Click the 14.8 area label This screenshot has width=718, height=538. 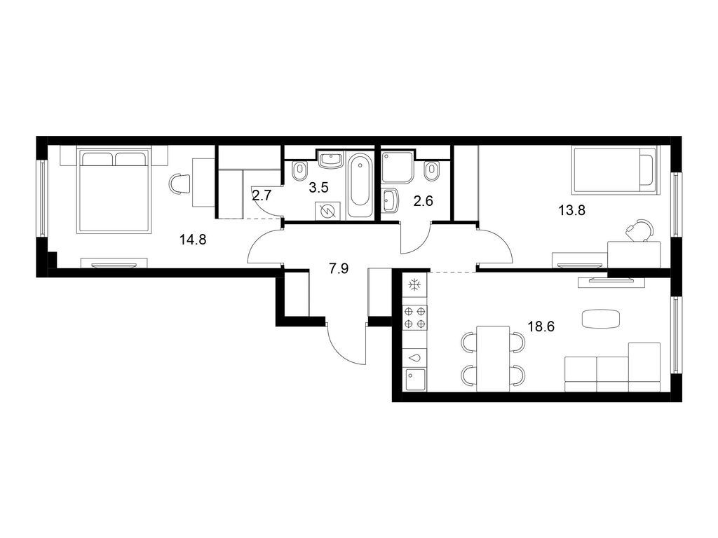[x=192, y=240]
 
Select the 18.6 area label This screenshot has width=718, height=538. [x=541, y=326]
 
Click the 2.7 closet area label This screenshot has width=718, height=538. [x=262, y=197]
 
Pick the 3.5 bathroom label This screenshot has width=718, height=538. [x=319, y=187]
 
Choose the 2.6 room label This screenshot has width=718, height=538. [x=423, y=201]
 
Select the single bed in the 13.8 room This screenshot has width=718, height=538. [x=615, y=170]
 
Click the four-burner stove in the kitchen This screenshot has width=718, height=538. [x=414, y=318]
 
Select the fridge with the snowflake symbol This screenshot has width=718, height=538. [x=414, y=285]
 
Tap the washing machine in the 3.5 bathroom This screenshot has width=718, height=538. [x=327, y=210]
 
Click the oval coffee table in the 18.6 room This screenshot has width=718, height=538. [x=601, y=319]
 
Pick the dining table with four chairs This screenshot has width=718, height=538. [x=493, y=358]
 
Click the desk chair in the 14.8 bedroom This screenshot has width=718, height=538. [x=180, y=184]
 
